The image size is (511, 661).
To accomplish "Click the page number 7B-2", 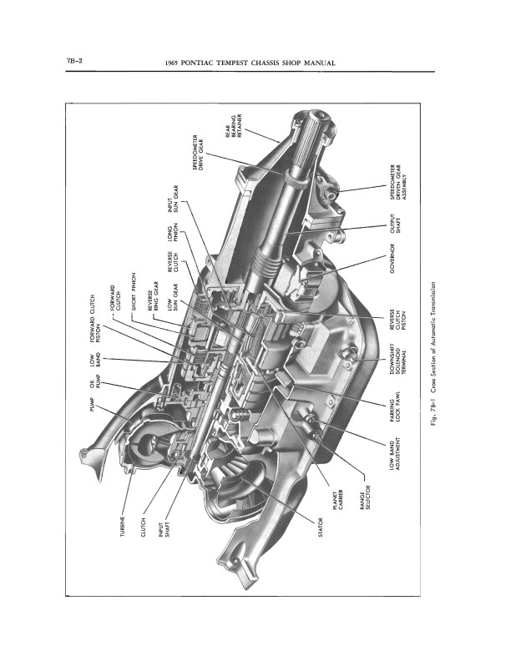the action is coord(73,60).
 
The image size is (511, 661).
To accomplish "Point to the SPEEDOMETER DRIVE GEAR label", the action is coord(198,153).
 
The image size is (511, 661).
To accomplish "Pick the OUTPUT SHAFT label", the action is coord(395,224).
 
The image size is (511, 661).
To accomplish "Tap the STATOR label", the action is coord(321,527).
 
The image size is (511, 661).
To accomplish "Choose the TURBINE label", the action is coord(123,526).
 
